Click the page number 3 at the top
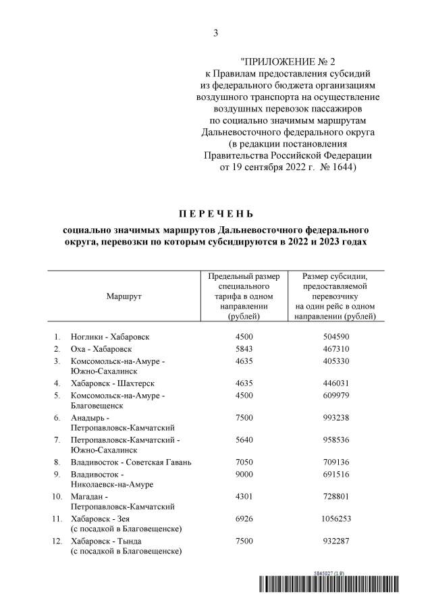(x=216, y=32)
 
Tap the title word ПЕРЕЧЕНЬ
(x=215, y=214)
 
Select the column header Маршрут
(x=124, y=296)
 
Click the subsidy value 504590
(x=330, y=336)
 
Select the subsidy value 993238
(x=330, y=418)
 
